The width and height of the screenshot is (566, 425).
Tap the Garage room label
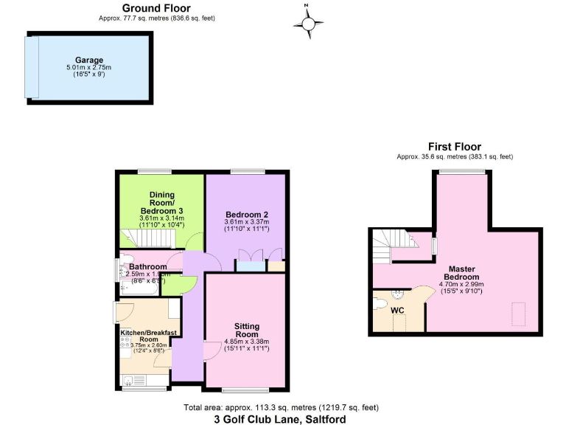88,61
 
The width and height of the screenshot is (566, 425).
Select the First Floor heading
455,147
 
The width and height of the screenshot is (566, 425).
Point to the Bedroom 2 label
246,215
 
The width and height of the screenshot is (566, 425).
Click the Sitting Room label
247,329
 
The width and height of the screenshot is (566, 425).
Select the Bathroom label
148,266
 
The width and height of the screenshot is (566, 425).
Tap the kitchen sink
131,381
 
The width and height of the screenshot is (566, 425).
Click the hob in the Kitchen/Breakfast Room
125,342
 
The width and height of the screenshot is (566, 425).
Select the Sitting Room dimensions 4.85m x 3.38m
247,341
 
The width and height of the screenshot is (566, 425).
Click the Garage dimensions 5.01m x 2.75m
88,69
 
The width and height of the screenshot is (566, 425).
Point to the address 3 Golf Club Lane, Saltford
279,419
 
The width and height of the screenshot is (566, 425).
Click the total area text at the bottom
281,407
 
